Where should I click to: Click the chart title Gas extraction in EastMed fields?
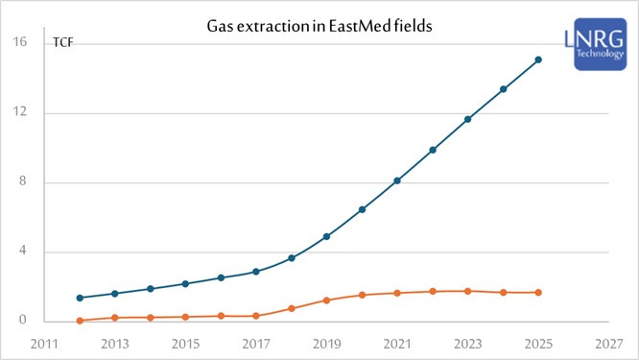[x=319, y=27]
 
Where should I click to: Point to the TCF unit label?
[x=62, y=43]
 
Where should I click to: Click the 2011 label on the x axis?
[x=44, y=343]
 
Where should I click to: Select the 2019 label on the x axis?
[x=326, y=343]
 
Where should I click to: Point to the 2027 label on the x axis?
[x=608, y=343]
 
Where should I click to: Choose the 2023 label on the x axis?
[x=467, y=343]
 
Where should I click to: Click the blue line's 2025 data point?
[x=538, y=60]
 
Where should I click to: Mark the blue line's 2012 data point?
[x=80, y=298]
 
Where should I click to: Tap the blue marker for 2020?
[x=362, y=209]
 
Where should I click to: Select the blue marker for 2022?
[x=433, y=150]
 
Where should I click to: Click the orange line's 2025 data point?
[x=538, y=292]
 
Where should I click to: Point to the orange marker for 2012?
[x=80, y=321]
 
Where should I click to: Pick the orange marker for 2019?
[x=326, y=300]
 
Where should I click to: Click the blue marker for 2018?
[x=292, y=258]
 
